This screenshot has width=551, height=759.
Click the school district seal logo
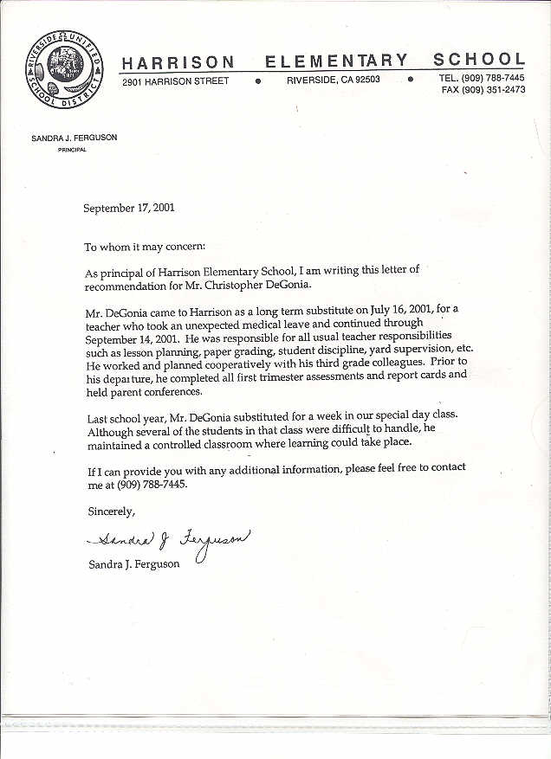pyautogui.click(x=64, y=70)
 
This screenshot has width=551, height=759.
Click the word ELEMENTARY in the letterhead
pyautogui.click(x=336, y=61)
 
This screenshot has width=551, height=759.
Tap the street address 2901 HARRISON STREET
pyautogui.click(x=176, y=80)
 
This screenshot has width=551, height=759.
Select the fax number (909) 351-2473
pyautogui.click(x=493, y=90)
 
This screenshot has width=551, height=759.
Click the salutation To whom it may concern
pyautogui.click(x=145, y=248)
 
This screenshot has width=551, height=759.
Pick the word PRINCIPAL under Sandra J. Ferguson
pyautogui.click(x=72, y=150)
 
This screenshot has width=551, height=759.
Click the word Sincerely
pyautogui.click(x=112, y=511)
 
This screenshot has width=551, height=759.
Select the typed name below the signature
pyautogui.click(x=134, y=563)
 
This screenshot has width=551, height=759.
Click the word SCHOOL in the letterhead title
pyautogui.click(x=479, y=60)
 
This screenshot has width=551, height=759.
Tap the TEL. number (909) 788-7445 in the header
pyautogui.click(x=493, y=78)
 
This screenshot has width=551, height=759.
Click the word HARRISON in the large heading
pyautogui.click(x=178, y=62)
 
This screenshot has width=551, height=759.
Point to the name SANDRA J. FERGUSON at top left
pyautogui.click(x=74, y=138)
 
